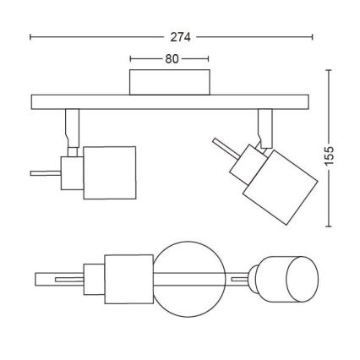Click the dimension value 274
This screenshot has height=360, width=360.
tap(179, 37)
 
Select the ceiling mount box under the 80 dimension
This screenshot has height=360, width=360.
tap(169, 83)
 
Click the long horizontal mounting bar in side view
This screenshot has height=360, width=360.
tap(171, 101)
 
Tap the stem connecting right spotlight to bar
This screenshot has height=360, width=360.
tap(265, 128)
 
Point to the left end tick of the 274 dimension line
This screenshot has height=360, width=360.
tap(31, 37)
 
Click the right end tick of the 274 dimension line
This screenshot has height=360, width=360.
tap(313, 37)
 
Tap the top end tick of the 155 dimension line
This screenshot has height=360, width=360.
tap(329, 72)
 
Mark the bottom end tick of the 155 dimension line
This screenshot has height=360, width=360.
tap(329, 226)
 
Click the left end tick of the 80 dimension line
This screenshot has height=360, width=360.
tap(131, 59)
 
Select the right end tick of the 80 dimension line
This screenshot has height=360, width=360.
tap(208, 59)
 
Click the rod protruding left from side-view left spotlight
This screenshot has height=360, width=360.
tap(42, 174)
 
